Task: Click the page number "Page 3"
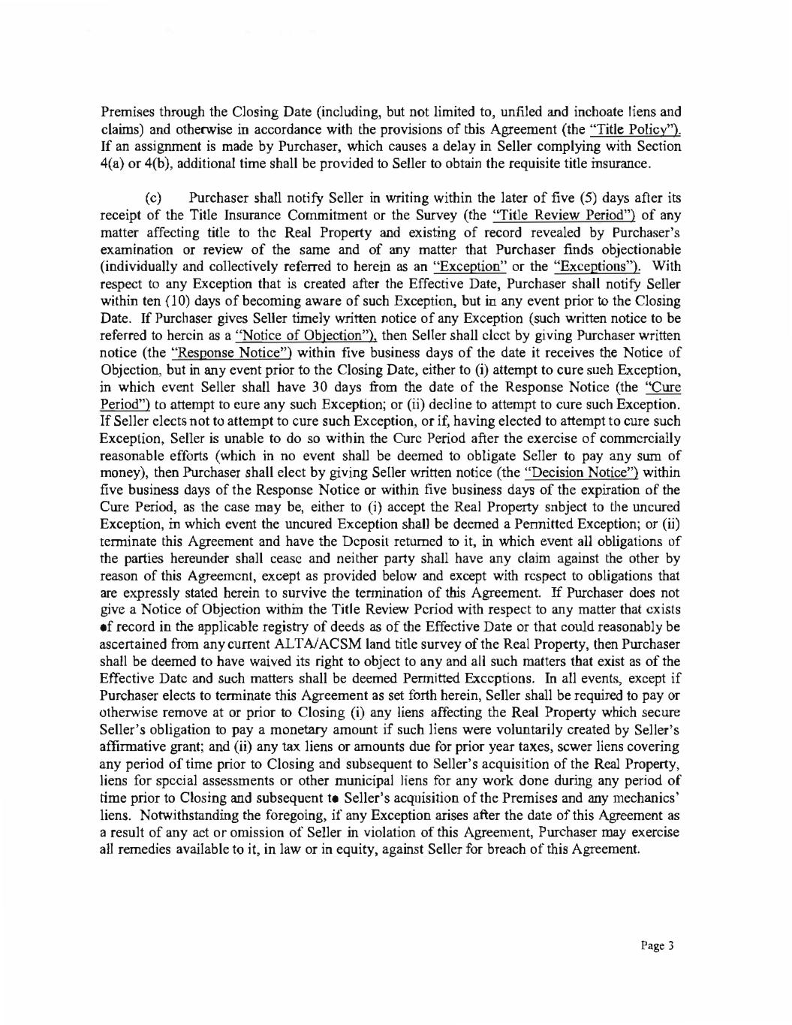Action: [x=658, y=946]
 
